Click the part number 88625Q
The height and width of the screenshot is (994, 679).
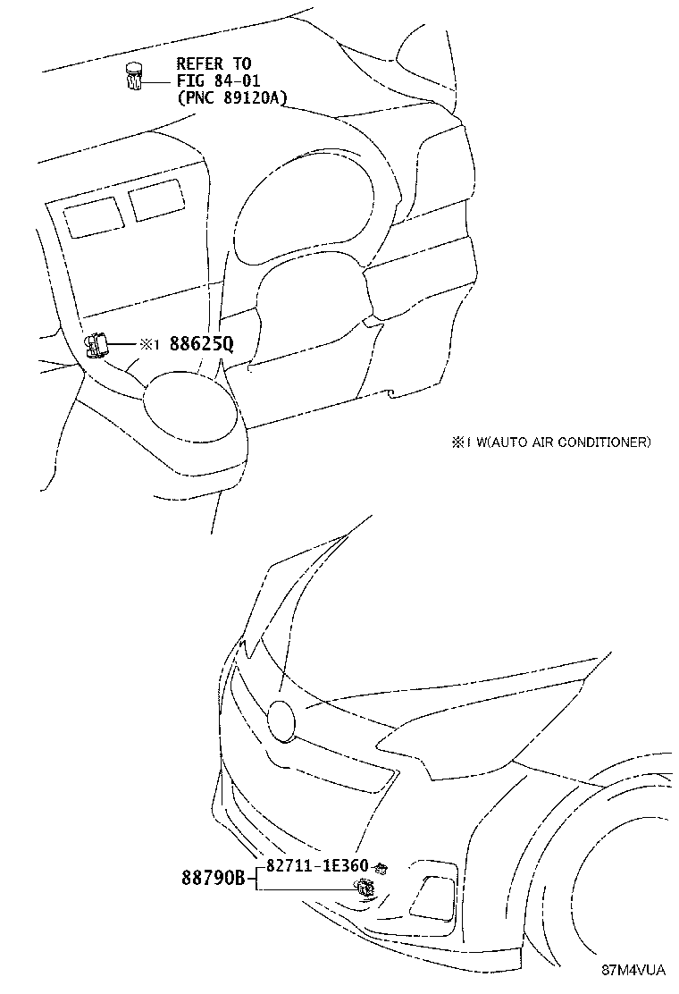[x=201, y=344]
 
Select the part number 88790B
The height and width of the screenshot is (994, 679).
[x=214, y=879]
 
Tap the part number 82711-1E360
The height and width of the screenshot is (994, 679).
[x=317, y=865]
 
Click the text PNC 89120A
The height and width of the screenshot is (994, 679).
[x=232, y=97]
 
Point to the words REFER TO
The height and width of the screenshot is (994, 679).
[x=214, y=63]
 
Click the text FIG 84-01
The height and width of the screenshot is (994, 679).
[x=218, y=80]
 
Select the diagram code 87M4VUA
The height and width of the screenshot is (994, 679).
[x=633, y=970]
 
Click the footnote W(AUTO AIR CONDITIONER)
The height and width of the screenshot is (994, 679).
[x=563, y=442]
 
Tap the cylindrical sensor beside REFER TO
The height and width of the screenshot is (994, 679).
[x=134, y=78]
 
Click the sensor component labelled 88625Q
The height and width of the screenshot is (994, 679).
[x=96, y=346]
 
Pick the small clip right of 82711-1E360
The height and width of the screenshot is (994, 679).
[x=381, y=866]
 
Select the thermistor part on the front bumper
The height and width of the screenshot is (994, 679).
[x=365, y=888]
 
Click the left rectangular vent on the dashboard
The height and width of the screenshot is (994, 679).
[x=93, y=217]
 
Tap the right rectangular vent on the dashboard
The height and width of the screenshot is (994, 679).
[x=156, y=200]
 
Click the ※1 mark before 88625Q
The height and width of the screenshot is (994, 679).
[x=147, y=344]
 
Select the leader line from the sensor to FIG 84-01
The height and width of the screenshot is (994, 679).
[x=156, y=81]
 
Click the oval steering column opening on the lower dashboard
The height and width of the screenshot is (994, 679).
[x=192, y=398]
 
